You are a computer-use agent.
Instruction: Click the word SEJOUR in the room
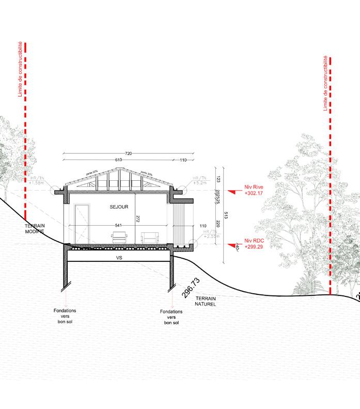click(x=118, y=207)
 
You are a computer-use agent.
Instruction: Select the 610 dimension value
click(x=118, y=160)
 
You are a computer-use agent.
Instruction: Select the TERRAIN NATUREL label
click(x=205, y=302)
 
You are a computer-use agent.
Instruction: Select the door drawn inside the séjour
click(x=82, y=224)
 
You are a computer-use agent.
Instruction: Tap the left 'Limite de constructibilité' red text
click(x=20, y=70)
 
